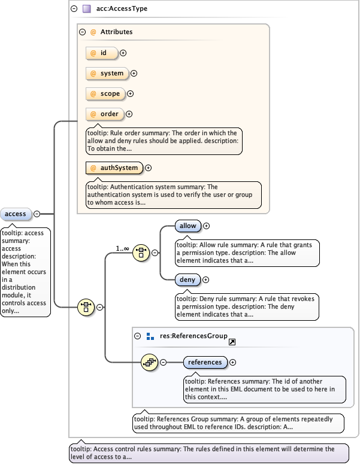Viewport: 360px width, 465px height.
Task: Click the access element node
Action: point(16,214)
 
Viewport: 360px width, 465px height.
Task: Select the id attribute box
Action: point(102,53)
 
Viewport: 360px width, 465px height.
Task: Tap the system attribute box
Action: point(107,74)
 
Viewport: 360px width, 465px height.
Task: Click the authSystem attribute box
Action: point(114,168)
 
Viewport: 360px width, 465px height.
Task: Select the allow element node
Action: point(188,226)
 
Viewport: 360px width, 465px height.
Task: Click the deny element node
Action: point(187,279)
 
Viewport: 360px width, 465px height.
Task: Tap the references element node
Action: point(205,362)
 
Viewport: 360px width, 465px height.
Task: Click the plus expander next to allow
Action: point(207,226)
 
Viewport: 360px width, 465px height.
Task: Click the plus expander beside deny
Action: point(205,279)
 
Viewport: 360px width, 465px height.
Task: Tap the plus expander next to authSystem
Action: point(149,168)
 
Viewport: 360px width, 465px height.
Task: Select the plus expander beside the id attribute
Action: point(123,53)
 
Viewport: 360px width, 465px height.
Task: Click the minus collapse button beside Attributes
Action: point(83,32)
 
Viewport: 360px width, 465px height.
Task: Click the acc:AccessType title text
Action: point(122,9)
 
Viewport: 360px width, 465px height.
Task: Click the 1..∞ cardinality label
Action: point(123,248)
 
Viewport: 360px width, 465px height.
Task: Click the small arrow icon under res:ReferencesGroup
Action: point(232,342)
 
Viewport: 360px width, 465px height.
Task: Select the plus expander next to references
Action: point(233,362)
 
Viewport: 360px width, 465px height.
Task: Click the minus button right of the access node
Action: point(37,214)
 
